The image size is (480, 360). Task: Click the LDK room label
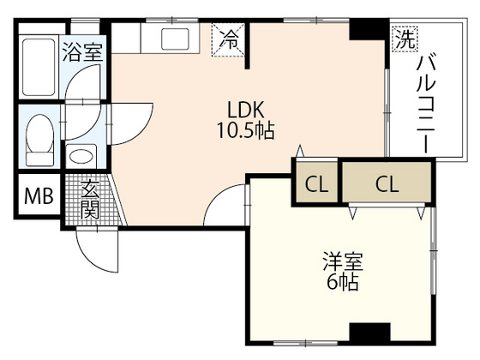[245, 110]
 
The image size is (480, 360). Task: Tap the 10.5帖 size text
[245, 130]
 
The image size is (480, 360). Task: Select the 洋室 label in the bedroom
[343, 261]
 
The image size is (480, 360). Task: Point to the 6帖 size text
[343, 281]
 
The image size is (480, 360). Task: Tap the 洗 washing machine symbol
[405, 39]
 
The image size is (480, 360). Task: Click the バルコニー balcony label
[426, 103]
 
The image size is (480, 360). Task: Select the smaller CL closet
[316, 183]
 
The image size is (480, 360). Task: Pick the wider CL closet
[387, 183]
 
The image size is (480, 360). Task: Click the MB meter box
[39, 195]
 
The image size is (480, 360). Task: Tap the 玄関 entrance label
[90, 200]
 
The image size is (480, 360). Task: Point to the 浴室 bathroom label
[82, 52]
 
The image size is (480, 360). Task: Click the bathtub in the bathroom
[39, 67]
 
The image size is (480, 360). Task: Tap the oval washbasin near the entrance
[81, 156]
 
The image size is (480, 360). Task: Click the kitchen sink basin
[175, 39]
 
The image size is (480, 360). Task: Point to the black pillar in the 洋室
[369, 333]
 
